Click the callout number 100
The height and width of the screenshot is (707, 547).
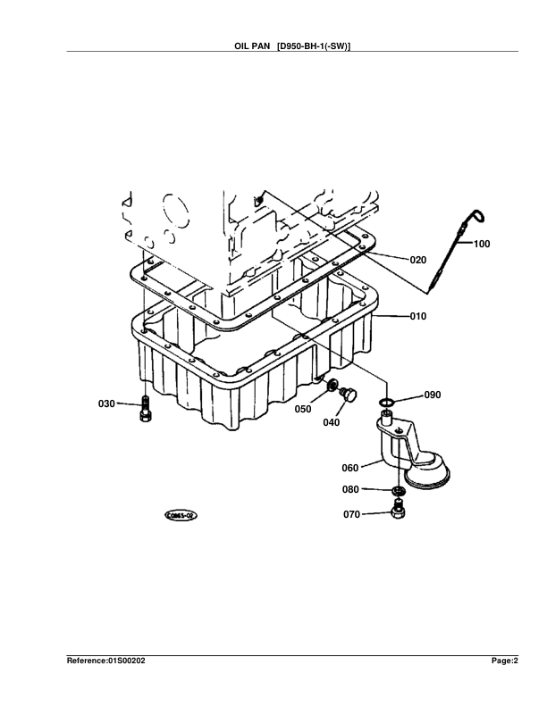[x=482, y=244]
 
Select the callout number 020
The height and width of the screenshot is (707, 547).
[x=417, y=260]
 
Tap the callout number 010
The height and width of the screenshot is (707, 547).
[x=417, y=316]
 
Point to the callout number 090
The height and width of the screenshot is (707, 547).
[x=432, y=394]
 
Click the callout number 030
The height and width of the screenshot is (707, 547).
[x=106, y=404]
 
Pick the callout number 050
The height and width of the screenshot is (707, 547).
[x=303, y=409]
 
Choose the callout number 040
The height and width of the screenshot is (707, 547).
[x=331, y=422]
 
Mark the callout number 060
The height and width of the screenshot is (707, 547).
[x=350, y=467]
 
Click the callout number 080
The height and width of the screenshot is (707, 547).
[x=350, y=489]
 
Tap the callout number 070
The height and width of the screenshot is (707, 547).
[x=350, y=514]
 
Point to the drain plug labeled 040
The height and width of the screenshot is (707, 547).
[x=349, y=394]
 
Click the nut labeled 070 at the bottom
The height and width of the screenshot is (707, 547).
[x=398, y=512]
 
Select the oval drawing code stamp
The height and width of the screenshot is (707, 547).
[x=180, y=515]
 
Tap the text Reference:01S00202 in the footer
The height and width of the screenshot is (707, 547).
[x=105, y=661]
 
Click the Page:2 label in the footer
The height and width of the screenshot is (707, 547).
[x=504, y=661]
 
